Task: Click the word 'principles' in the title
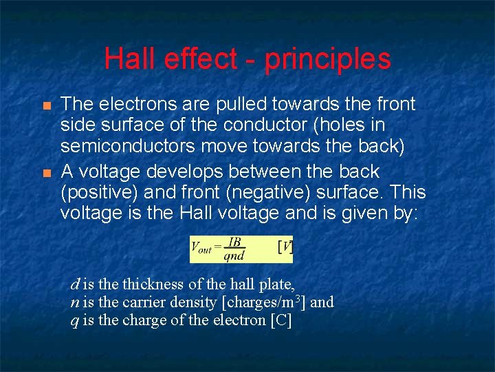(327, 59)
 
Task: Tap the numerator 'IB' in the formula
(234, 242)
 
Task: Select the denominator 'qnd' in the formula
(234, 256)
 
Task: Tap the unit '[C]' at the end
(280, 320)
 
